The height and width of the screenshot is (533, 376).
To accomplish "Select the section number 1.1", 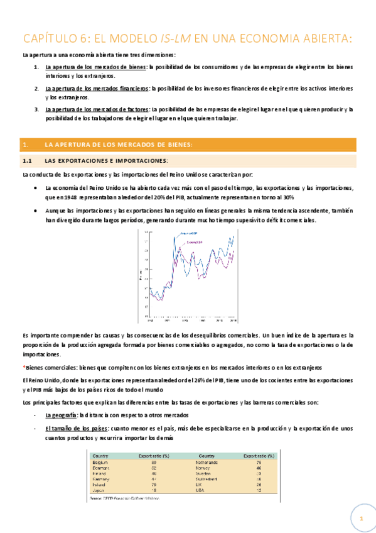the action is pos(28,161).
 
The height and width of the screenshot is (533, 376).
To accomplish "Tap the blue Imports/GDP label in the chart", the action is pos(189,234).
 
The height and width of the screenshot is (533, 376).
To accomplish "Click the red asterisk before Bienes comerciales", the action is pos(23,366).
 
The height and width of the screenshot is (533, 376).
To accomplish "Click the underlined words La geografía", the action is pos(61,415).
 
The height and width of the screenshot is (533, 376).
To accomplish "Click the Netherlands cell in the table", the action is pos(208,462).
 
